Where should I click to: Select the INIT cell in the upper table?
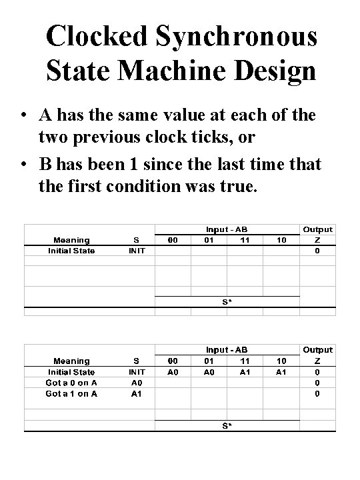137,251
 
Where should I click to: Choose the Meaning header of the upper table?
71,240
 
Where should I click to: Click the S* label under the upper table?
227,301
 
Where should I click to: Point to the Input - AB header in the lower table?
227,349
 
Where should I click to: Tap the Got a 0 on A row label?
71,383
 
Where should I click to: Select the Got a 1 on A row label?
71,393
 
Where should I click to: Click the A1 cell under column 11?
245,372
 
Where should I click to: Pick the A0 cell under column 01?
209,372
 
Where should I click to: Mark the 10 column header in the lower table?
281,361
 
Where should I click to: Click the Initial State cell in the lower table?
71,372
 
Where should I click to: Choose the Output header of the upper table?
318,229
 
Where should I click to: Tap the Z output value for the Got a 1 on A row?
318,393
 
